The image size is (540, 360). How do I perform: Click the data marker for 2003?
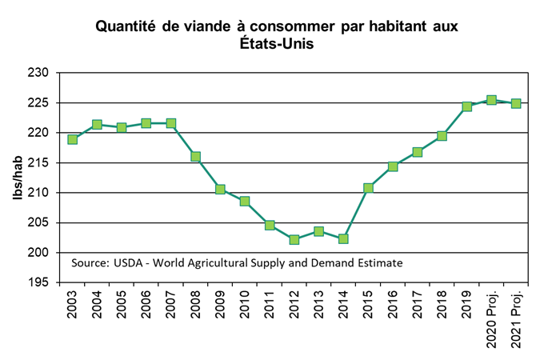pos(72,139)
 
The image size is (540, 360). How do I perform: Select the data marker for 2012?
pos(294,239)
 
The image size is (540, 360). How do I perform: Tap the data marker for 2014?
pos(343,238)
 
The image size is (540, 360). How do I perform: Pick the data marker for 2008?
pos(195,157)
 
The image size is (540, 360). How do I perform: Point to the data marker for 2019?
pos(466,106)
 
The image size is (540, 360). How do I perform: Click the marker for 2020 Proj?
pos(491,100)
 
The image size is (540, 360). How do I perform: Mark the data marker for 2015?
pos(368,188)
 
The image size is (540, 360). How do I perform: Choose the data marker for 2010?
pos(245,201)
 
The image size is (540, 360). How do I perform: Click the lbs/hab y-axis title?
pos(16,178)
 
